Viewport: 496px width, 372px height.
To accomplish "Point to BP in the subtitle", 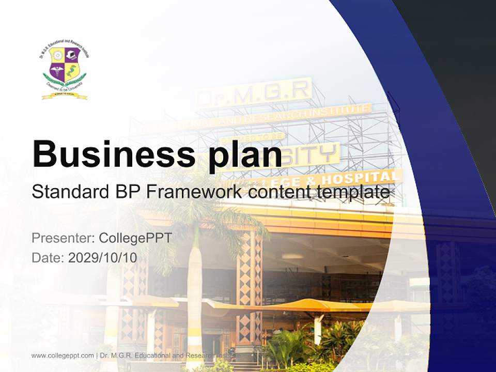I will [126, 192].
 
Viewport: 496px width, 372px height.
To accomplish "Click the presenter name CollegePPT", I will [135, 238].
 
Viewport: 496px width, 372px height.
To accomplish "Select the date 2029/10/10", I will [103, 258].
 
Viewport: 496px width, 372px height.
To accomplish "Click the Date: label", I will [48, 258].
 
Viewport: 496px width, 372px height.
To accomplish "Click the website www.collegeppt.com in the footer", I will [63, 355].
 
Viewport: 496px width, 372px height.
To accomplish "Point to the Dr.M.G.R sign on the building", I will [255, 93].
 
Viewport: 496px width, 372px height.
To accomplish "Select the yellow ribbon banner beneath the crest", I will [65, 96].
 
